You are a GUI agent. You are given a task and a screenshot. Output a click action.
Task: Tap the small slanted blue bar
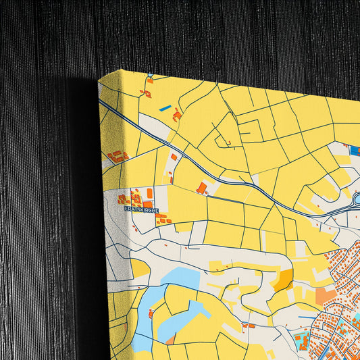click(x=165, y=107)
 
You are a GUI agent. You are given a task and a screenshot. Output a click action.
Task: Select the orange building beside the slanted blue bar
click(x=177, y=116)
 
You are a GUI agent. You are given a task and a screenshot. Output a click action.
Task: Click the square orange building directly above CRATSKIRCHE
click(x=147, y=203)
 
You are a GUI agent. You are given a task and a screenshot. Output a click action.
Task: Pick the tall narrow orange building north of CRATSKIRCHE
click(x=149, y=193)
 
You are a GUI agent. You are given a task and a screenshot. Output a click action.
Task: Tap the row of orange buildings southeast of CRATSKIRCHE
click(x=163, y=220)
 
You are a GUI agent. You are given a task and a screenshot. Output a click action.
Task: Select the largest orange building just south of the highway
click(x=201, y=187)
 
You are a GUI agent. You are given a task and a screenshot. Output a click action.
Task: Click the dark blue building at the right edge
click(x=356, y=151)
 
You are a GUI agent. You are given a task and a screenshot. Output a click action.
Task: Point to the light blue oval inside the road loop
click(x=357, y=199)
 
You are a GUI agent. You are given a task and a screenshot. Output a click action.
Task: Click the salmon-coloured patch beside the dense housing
click(x=326, y=295)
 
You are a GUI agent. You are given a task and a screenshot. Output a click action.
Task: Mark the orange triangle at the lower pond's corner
click(x=171, y=338)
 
